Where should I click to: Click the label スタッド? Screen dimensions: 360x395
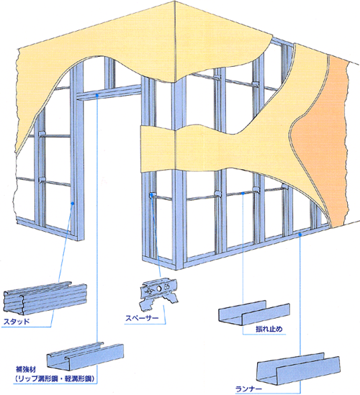17,322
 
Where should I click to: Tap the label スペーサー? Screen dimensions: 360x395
142,318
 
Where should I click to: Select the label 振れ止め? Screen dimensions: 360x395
269,329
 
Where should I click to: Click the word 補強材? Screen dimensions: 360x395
26,370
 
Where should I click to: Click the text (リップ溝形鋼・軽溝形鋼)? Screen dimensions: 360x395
55,378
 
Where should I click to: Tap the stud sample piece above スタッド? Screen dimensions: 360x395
45,298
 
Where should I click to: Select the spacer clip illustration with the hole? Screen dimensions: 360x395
159,294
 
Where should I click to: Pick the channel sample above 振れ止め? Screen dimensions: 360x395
254,312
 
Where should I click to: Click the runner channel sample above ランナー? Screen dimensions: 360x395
298,368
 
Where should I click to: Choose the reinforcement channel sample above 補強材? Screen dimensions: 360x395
85,354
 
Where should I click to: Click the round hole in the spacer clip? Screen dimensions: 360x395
159,289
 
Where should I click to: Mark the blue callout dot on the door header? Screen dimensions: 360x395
97,95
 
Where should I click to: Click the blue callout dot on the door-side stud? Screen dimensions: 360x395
73,203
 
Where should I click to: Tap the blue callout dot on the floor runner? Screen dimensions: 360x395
300,235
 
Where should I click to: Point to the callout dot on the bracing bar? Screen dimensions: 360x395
243,194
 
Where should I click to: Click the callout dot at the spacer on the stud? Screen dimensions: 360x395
152,195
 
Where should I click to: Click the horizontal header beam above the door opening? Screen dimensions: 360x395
109,93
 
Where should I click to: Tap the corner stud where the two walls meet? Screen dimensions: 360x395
179,174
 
